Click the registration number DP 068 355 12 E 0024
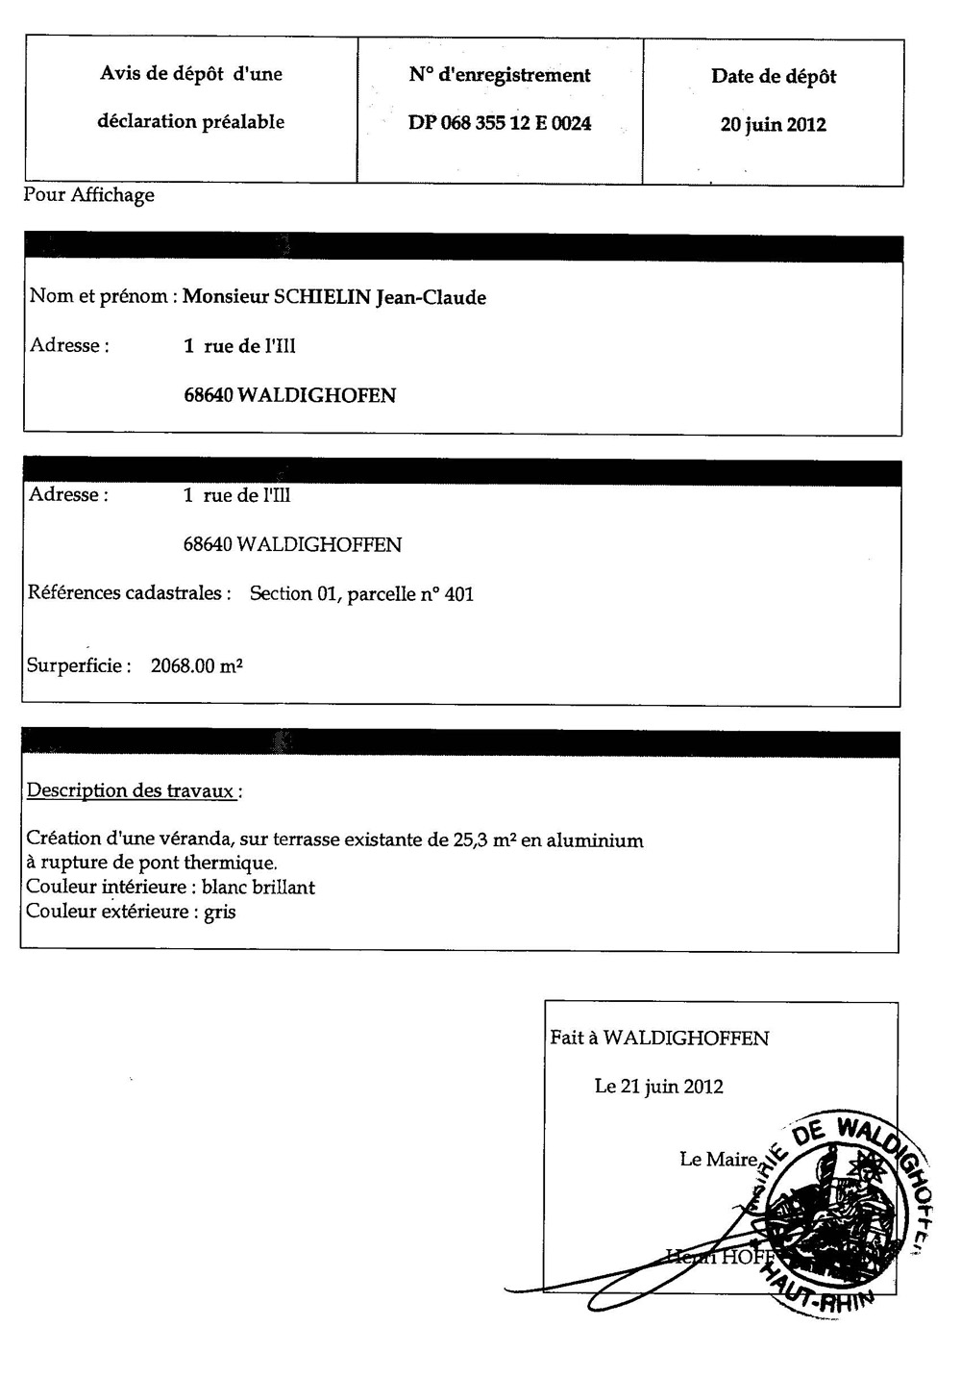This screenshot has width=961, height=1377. click(x=500, y=124)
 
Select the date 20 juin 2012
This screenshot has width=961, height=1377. click(x=773, y=125)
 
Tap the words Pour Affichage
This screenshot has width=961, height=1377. click(x=88, y=195)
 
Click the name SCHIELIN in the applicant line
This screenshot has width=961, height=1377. click(x=322, y=297)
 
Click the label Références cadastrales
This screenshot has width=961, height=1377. click(x=129, y=593)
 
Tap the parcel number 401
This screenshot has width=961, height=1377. click(x=459, y=594)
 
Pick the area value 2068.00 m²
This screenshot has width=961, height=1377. click(x=196, y=665)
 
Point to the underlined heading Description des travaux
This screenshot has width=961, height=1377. click(x=132, y=791)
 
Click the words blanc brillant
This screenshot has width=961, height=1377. click(x=258, y=888)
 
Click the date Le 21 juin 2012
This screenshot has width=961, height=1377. click(x=658, y=1087)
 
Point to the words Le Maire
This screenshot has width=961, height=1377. click(x=718, y=1160)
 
